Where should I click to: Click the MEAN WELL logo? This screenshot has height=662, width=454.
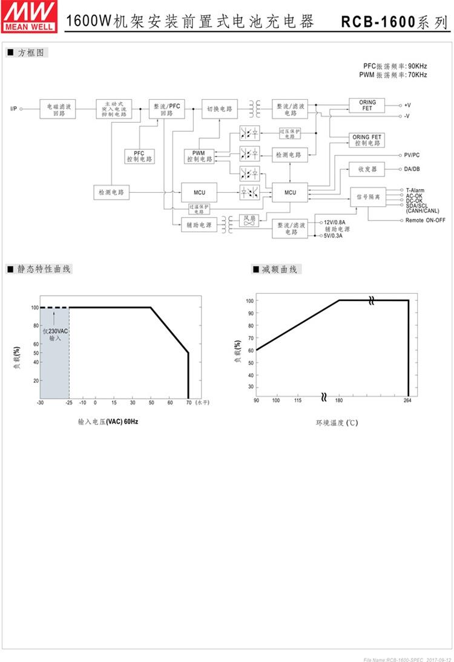click(x=30, y=16)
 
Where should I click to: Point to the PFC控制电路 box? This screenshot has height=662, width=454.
click(x=140, y=156)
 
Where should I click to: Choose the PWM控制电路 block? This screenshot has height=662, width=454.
click(x=199, y=156)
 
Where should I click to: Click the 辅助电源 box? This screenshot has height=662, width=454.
click(x=200, y=225)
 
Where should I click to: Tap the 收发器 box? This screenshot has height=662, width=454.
click(x=367, y=169)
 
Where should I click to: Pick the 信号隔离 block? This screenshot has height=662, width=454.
click(x=367, y=197)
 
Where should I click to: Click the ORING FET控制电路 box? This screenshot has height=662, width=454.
click(x=367, y=140)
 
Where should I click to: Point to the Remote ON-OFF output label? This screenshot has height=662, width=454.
click(x=425, y=220)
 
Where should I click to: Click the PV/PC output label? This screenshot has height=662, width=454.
click(x=412, y=155)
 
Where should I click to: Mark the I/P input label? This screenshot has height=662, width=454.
click(x=13, y=109)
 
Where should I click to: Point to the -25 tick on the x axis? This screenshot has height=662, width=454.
click(x=68, y=402)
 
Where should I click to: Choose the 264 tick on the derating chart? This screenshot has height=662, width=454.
click(x=408, y=401)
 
